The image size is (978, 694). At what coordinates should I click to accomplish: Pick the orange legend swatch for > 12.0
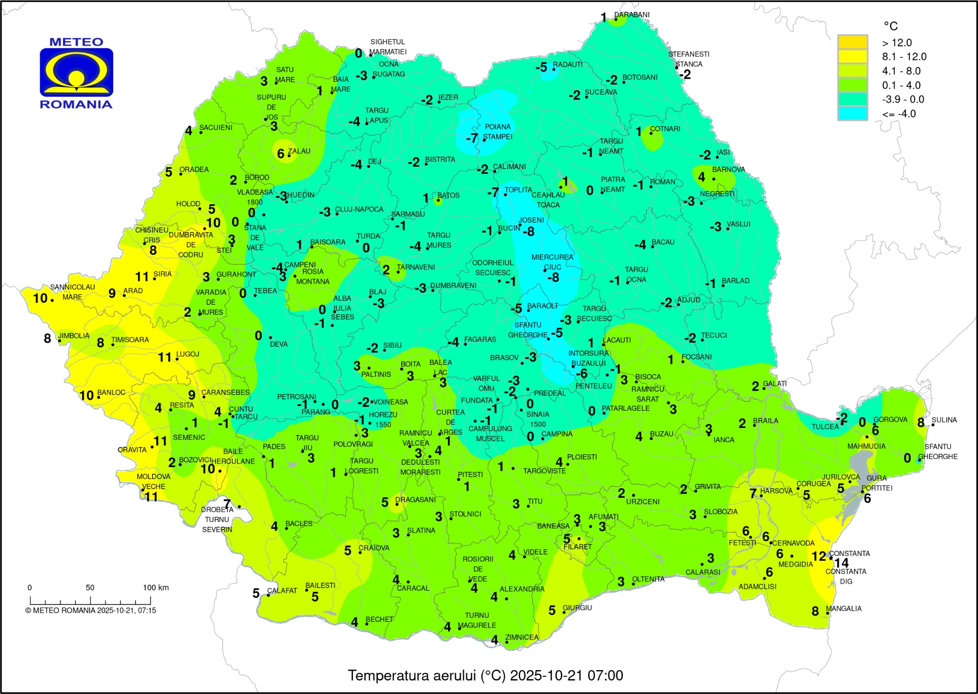[x=852, y=42]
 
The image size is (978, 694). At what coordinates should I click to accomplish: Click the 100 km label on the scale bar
[x=156, y=587]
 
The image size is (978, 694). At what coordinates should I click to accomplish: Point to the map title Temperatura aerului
[x=485, y=675]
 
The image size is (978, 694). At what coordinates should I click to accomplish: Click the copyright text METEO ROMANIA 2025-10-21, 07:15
[x=91, y=610]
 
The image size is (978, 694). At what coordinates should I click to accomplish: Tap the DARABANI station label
[x=632, y=15]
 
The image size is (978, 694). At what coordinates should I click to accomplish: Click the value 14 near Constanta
[x=841, y=563]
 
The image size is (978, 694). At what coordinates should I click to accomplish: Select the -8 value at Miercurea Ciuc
[x=553, y=278]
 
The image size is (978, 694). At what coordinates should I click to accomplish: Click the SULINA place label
[x=944, y=420]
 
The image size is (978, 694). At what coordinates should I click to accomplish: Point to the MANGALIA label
[x=844, y=609]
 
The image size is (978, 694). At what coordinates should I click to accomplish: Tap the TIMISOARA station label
[x=130, y=340]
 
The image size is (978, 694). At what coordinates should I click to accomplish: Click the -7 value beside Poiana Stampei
[x=472, y=139]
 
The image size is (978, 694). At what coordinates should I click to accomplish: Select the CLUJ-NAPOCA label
[x=359, y=209]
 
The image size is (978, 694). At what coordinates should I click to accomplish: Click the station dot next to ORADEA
[x=181, y=174]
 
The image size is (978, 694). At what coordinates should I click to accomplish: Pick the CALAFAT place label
[x=282, y=590]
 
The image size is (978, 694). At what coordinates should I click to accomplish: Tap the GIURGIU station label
[x=577, y=608]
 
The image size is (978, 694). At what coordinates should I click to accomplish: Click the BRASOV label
[x=504, y=357]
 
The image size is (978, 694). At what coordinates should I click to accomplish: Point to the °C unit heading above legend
[x=890, y=26]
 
